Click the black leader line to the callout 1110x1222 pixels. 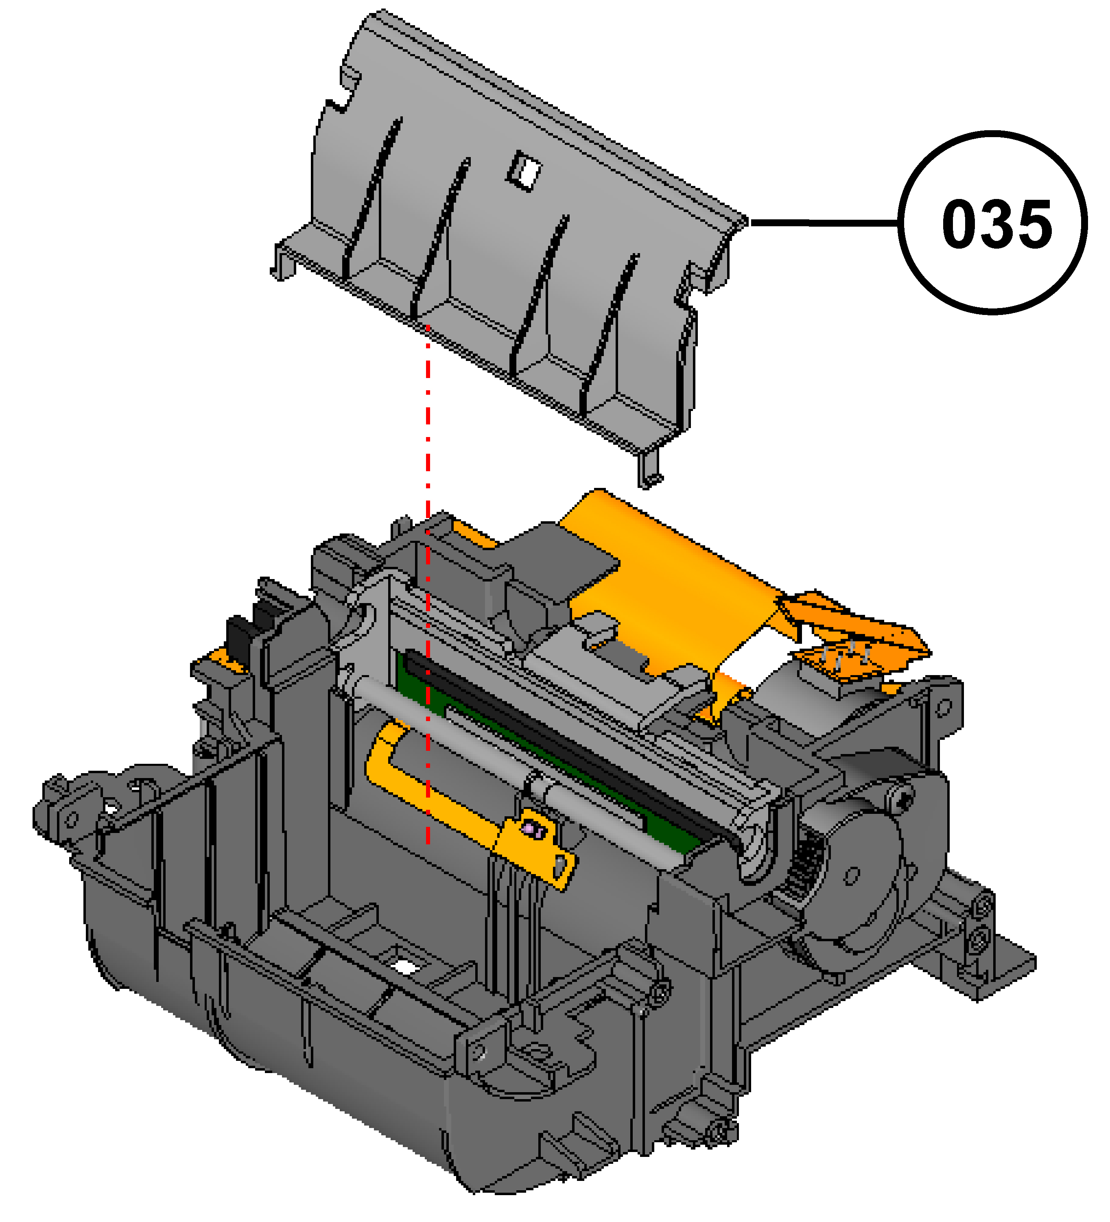point(824,223)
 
